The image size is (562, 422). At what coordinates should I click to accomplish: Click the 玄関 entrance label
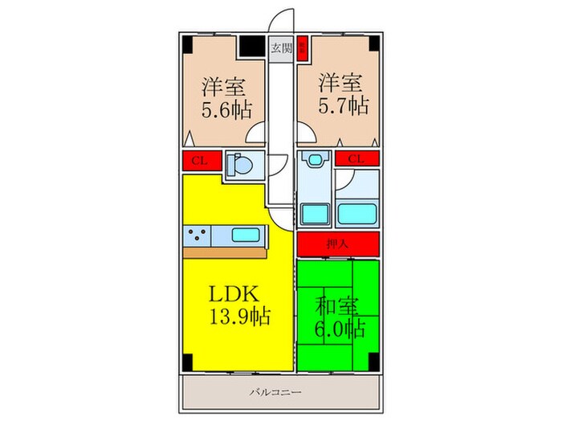click(280, 47)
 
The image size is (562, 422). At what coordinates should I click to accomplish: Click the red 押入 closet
click(337, 244)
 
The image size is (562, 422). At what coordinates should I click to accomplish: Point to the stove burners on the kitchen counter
click(198, 236)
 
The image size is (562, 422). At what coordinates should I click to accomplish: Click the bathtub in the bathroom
click(356, 214)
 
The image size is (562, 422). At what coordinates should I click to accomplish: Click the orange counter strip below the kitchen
click(226, 253)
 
